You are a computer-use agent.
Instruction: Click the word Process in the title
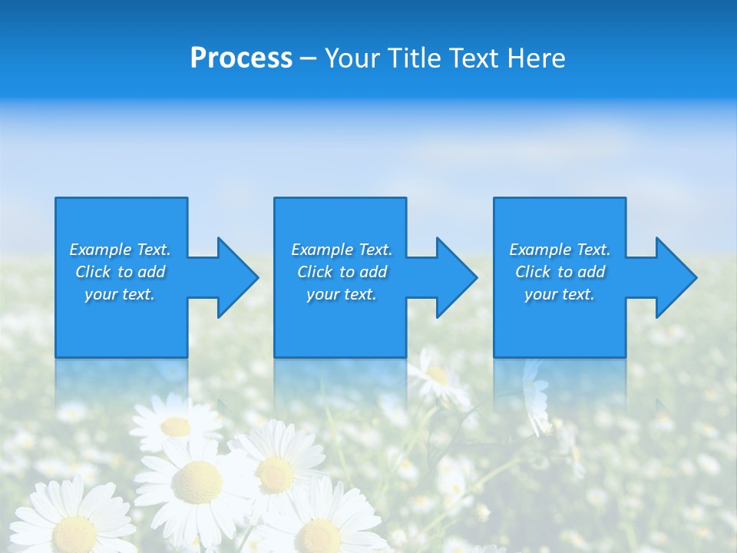click(241, 58)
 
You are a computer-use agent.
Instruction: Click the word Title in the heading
click(415, 58)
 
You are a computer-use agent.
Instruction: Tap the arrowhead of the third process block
click(675, 277)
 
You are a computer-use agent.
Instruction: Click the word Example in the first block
click(100, 250)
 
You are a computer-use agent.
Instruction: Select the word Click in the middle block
click(315, 272)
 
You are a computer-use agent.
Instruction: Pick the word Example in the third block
click(540, 250)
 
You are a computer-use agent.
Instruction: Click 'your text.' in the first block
click(120, 294)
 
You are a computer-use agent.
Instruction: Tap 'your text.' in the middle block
click(341, 294)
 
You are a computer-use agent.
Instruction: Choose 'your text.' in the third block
click(560, 294)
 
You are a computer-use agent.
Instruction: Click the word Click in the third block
click(533, 272)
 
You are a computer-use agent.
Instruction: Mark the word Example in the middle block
click(322, 250)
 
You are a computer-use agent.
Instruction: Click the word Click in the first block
click(93, 272)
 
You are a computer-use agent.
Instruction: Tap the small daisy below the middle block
click(436, 376)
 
